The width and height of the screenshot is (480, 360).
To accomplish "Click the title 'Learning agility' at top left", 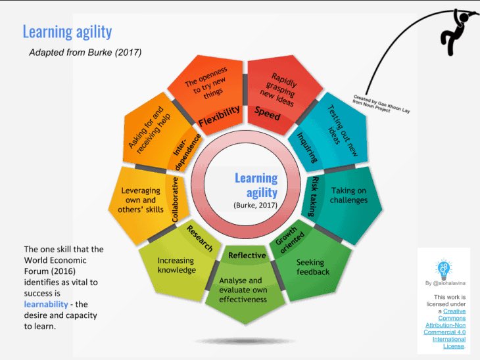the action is [67, 32].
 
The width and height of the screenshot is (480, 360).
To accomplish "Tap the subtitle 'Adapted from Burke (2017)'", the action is [84, 51].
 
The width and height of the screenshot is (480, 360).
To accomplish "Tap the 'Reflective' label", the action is [247, 255].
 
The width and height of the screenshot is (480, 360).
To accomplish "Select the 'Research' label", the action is [200, 239].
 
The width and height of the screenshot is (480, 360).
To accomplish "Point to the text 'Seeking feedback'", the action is [313, 267].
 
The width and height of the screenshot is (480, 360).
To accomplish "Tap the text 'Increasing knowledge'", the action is [176, 265].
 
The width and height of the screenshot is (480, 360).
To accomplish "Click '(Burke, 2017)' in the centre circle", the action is [256, 205].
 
